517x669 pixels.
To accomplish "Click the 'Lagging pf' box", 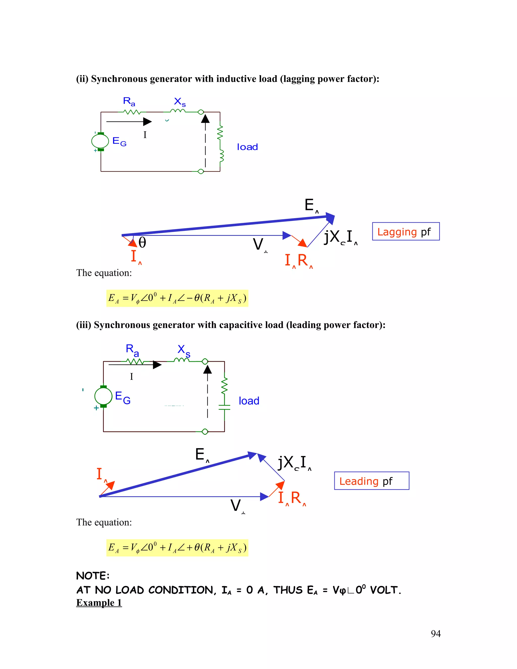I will click(405, 231).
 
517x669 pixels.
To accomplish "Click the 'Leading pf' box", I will click(371, 481).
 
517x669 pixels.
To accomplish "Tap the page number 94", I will click(435, 633).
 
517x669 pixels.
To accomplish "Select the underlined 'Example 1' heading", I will click(99, 603).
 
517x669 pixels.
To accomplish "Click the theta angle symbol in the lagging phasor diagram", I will click(142, 243).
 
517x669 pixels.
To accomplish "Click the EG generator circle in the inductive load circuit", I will click(100, 141).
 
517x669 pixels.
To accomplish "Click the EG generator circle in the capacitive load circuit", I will click(104, 396).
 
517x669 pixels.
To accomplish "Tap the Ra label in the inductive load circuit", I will click(129, 101).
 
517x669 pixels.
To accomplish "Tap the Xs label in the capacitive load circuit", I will click(184, 350).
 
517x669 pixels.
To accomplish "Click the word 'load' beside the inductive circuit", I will click(247, 147).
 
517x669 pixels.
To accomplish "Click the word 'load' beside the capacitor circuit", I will click(249, 401).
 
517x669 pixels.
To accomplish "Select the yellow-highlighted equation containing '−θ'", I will click(177, 298).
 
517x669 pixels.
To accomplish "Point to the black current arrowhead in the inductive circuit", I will click(147, 122).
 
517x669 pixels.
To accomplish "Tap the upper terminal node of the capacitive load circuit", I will click(205, 362).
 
